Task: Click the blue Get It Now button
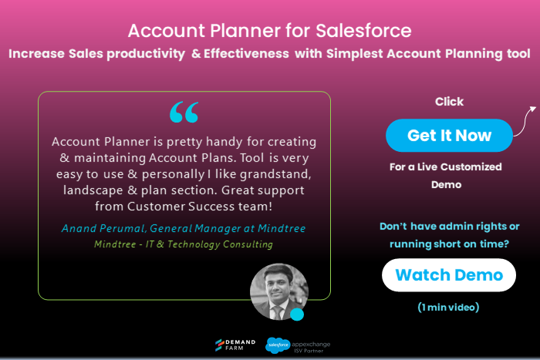[449, 136]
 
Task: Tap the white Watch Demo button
[449, 275]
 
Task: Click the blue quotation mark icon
[184, 113]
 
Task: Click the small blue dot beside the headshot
[297, 315]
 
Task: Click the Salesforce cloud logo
[277, 345]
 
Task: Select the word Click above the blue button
[449, 102]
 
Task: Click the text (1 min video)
[449, 308]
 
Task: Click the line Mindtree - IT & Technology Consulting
[184, 244]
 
